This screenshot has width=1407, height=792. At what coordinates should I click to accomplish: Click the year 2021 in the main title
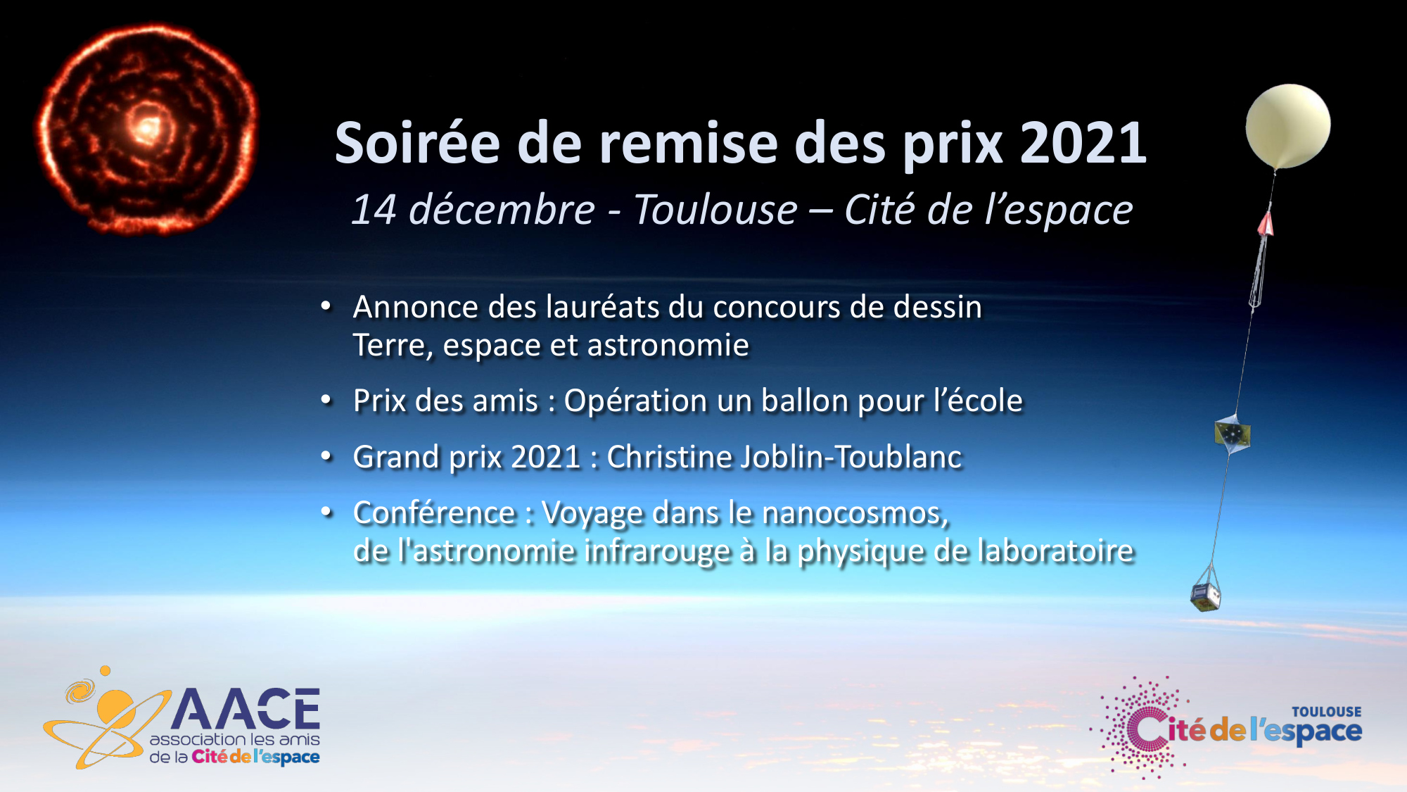coord(1083,144)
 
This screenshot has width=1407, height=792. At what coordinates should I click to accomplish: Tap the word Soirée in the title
coord(417,143)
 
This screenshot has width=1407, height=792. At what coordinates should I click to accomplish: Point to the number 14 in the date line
coord(375,210)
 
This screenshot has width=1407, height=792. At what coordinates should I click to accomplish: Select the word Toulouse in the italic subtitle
coord(715,210)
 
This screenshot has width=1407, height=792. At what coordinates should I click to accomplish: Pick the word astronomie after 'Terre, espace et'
coord(668,345)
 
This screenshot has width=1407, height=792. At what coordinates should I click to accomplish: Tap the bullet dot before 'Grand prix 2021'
coord(326,457)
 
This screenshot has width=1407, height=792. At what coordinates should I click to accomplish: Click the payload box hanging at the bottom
coord(1206,596)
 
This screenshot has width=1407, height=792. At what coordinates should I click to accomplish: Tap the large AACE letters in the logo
coord(246,709)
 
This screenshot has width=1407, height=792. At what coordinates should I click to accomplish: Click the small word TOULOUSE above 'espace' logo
coord(1326,712)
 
